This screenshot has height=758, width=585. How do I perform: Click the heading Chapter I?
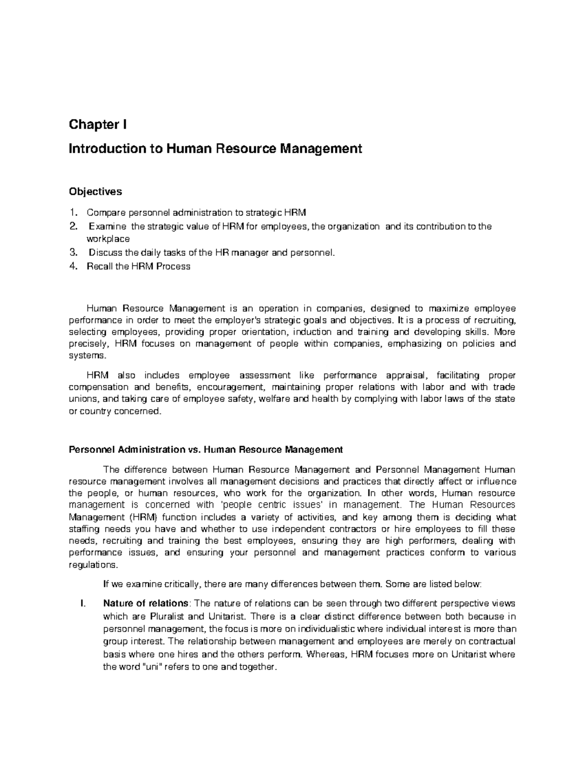[97, 125]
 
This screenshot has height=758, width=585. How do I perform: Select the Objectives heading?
[95, 192]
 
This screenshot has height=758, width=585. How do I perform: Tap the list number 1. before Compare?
[73, 212]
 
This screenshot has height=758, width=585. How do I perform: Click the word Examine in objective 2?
[107, 226]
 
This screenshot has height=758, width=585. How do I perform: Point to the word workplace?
[108, 239]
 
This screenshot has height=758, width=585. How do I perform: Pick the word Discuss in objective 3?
[106, 253]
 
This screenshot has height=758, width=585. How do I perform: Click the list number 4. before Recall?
[73, 266]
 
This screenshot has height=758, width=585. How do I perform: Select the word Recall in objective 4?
[99, 266]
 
